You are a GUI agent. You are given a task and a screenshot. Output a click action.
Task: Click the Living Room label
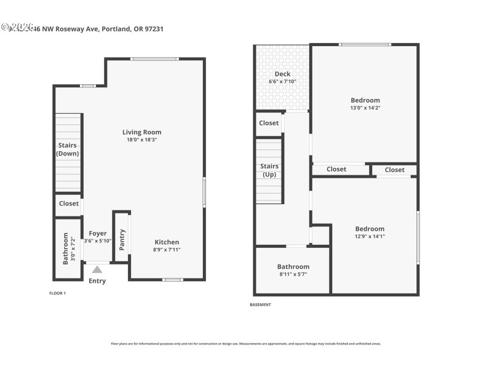tap(141, 132)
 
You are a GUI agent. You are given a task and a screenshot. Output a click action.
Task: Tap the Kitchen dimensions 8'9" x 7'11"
tap(167, 250)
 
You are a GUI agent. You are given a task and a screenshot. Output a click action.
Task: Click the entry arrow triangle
tap(97, 269)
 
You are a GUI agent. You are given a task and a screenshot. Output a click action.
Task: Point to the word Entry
tap(97, 281)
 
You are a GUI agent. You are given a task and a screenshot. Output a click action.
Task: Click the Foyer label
tap(98, 234)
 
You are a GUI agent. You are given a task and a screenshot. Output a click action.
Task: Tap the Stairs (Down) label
tap(68, 149)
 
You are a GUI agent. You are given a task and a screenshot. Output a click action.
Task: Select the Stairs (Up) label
tap(269, 170)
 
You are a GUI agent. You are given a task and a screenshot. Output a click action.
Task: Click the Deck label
tap(282, 74)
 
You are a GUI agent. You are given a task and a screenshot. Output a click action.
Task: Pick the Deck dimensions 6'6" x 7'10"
tap(282, 81)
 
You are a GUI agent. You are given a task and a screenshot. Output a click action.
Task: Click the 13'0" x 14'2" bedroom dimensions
tap(365, 108)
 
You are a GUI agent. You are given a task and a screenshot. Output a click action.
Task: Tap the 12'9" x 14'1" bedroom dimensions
tap(370, 236)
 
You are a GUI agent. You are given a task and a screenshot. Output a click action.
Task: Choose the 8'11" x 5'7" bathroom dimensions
tap(293, 274)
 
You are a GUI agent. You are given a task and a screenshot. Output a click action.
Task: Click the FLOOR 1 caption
tap(57, 293)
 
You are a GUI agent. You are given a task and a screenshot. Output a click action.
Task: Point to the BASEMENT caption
tap(260, 304)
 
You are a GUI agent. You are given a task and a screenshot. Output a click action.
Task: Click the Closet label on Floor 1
tap(69, 204)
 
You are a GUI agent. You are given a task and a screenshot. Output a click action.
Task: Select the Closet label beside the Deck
tap(269, 123)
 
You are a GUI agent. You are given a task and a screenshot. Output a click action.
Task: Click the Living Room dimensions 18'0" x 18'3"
tap(141, 140)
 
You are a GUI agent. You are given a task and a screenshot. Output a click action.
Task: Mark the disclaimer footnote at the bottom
tap(246, 344)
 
